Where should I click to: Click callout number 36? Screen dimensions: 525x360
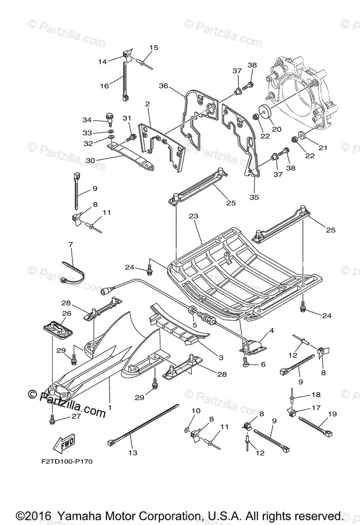point(163,86)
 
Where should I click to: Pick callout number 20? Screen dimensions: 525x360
point(276,129)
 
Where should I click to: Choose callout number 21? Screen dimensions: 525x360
point(322,148)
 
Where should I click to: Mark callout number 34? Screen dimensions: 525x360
point(87,120)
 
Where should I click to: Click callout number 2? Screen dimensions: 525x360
point(147,104)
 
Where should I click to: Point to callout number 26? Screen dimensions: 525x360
point(66,313)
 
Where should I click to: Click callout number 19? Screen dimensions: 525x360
point(332,413)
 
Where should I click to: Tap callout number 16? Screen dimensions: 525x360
point(104,86)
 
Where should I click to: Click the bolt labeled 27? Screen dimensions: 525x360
point(52,420)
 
